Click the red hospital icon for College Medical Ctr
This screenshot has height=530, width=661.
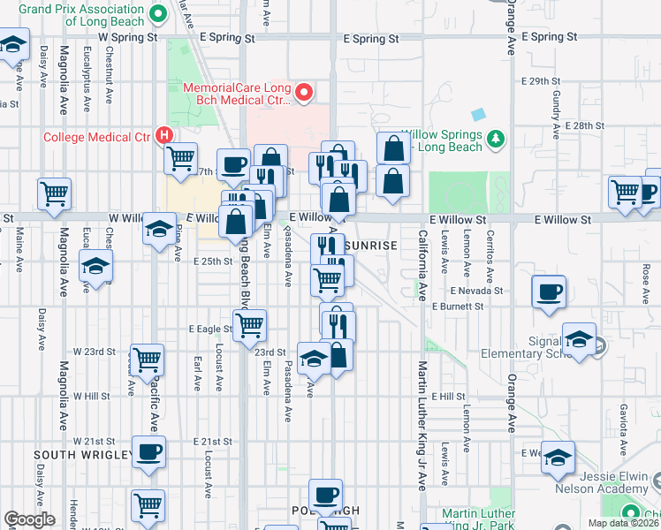point(163,136)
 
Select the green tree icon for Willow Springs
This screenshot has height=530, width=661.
point(497,138)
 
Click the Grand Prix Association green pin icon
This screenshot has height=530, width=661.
point(159,13)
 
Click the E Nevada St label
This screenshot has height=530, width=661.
point(475,290)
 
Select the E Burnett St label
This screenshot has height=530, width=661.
point(459,306)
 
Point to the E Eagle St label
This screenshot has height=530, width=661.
point(210,329)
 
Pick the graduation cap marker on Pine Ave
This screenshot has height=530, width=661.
point(159,230)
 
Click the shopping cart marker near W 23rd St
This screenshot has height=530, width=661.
point(148,359)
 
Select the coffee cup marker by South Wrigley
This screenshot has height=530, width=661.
point(148,451)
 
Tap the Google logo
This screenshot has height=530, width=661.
point(30,519)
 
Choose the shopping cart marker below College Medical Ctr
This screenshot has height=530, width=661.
point(180,159)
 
